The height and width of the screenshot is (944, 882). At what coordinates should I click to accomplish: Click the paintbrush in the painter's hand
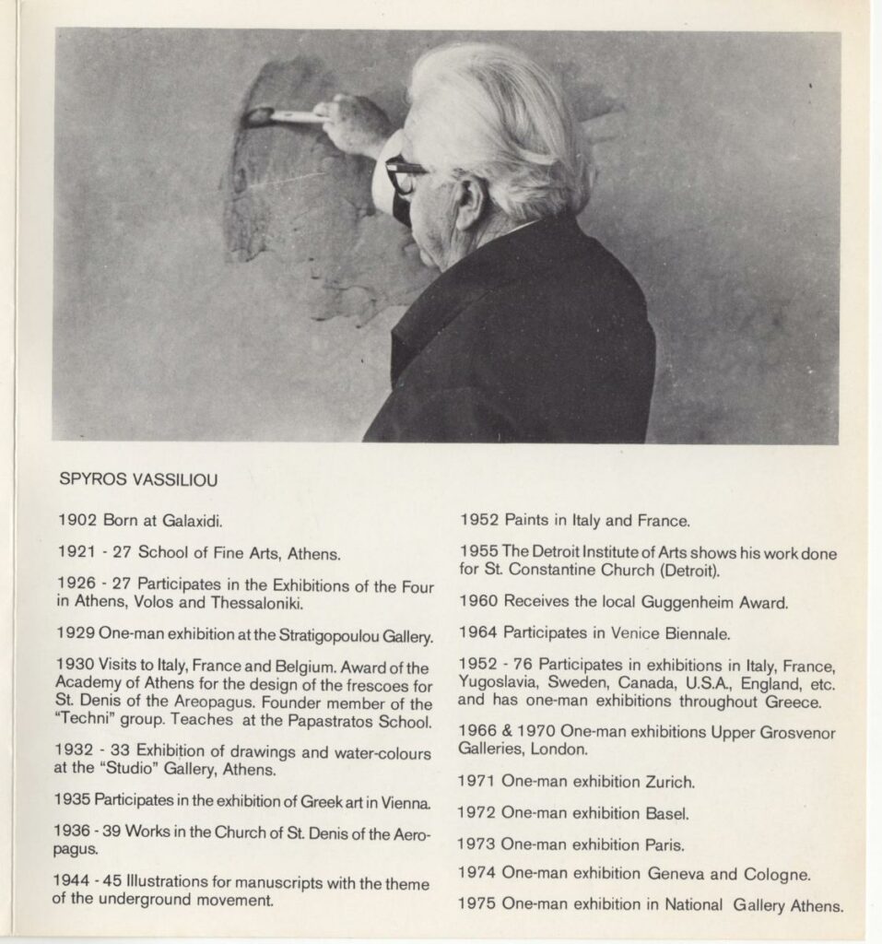pos(286,116)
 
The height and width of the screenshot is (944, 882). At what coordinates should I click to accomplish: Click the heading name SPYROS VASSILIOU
pos(138,479)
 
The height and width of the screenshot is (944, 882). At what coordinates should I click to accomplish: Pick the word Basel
pos(666,813)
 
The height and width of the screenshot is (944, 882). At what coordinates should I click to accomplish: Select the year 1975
pos(477,904)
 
